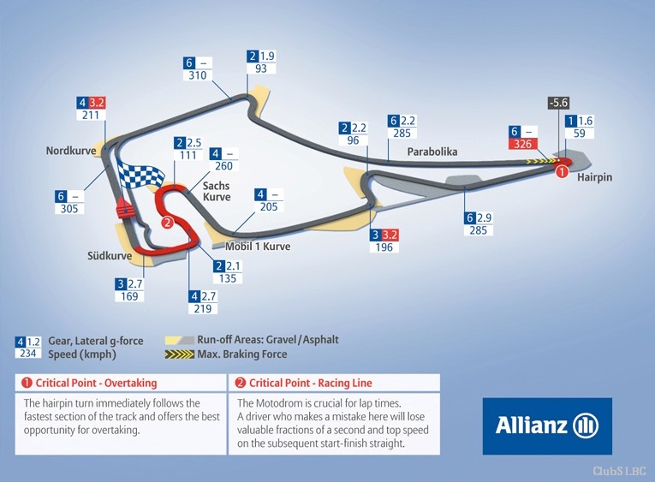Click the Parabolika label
[432, 152]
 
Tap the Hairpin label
[594, 177]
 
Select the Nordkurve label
[71, 151]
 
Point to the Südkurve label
[110, 256]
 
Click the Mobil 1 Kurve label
[258, 247]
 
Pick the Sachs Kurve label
[217, 191]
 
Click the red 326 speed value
[522, 144]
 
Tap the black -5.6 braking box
[558, 103]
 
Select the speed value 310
[198, 75]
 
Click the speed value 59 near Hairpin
[579, 134]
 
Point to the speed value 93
[260, 68]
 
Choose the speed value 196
[384, 247]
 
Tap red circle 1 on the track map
[562, 171]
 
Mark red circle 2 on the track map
[167, 223]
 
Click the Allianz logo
[547, 426]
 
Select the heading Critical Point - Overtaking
[89, 383]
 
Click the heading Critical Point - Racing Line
[303, 383]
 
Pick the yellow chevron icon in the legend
[180, 354]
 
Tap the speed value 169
[129, 296]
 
